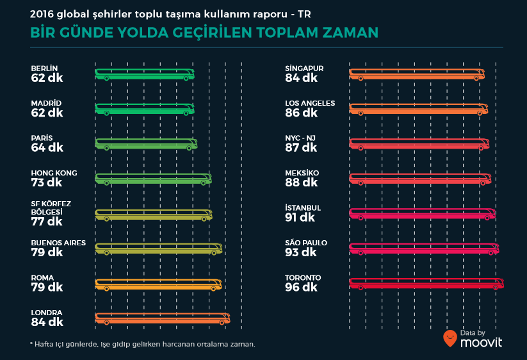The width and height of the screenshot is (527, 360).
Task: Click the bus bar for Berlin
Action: click(x=145, y=74)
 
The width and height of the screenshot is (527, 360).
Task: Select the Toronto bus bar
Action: click(x=426, y=283)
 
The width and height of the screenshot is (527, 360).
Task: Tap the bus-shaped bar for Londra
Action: click(x=162, y=318)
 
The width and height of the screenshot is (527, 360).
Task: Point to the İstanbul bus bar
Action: click(x=422, y=213)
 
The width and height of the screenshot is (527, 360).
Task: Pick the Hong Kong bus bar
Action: click(x=153, y=179)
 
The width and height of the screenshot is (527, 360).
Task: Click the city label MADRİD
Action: click(x=46, y=103)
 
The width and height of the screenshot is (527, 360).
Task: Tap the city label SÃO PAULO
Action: click(x=306, y=243)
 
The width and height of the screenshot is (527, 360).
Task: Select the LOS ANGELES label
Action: click(x=310, y=103)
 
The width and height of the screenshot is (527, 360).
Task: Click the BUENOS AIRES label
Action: click(x=58, y=243)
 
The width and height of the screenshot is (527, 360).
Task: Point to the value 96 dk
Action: click(x=302, y=288)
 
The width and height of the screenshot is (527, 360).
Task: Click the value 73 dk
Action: click(x=47, y=183)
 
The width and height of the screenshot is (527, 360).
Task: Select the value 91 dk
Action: click(x=301, y=218)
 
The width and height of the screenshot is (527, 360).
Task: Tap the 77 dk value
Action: click(x=47, y=222)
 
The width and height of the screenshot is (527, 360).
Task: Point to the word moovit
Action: click(x=481, y=342)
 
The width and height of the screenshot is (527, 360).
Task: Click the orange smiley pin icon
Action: click(x=450, y=338)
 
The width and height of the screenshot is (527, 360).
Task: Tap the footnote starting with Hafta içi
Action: click(x=143, y=344)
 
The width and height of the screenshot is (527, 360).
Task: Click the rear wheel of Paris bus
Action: click(x=190, y=148)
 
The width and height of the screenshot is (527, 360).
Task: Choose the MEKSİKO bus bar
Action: click(x=421, y=179)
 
